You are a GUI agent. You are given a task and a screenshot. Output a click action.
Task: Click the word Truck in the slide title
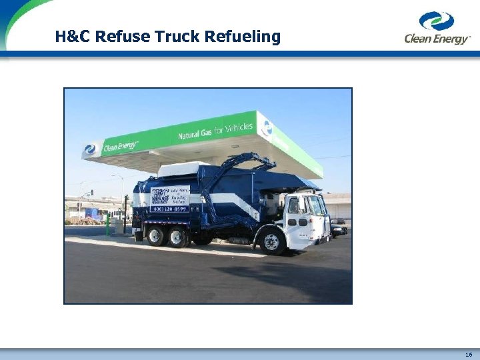pyautogui.click(x=179, y=37)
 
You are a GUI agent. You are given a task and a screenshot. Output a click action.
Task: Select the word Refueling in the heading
pyautogui.click(x=243, y=37)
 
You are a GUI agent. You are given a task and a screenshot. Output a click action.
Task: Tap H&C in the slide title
pyautogui.click(x=73, y=37)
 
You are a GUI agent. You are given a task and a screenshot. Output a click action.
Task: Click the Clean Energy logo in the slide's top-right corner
pyautogui.click(x=437, y=27)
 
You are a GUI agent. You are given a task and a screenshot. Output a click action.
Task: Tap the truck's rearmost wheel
pyautogui.click(x=156, y=235)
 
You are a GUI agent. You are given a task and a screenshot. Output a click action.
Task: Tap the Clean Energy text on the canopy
pyautogui.click(x=120, y=145)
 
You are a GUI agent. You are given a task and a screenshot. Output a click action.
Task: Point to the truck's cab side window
pyautogui.click(x=293, y=206)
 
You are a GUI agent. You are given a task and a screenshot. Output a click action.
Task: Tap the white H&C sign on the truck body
pyautogui.click(x=169, y=195)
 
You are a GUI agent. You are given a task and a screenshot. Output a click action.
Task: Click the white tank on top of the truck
pyautogui.click(x=184, y=169)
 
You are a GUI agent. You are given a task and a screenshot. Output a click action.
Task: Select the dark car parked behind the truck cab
pyautogui.click(x=339, y=228)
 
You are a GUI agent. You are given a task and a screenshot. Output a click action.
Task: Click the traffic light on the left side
pyautogui.click(x=92, y=193)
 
